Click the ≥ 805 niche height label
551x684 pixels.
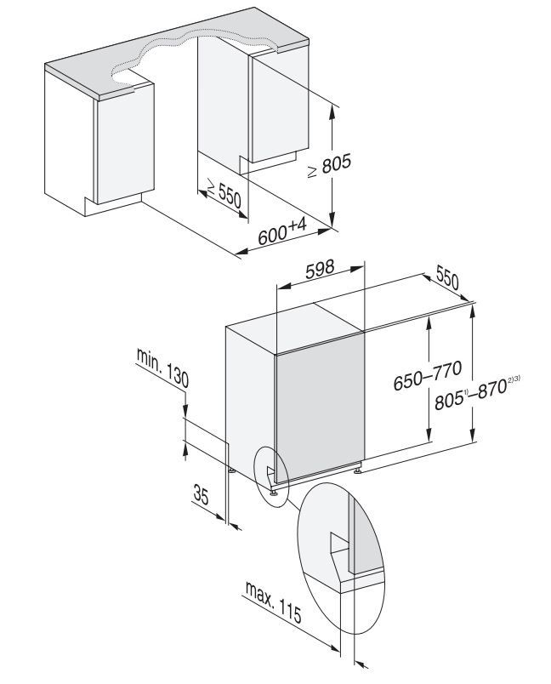click(329, 165)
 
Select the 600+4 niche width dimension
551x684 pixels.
click(283, 232)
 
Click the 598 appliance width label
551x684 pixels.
click(320, 269)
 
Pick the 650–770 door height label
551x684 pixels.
click(427, 375)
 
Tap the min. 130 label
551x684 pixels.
click(162, 367)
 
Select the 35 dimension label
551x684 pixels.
click(201, 495)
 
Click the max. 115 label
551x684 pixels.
click(273, 602)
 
